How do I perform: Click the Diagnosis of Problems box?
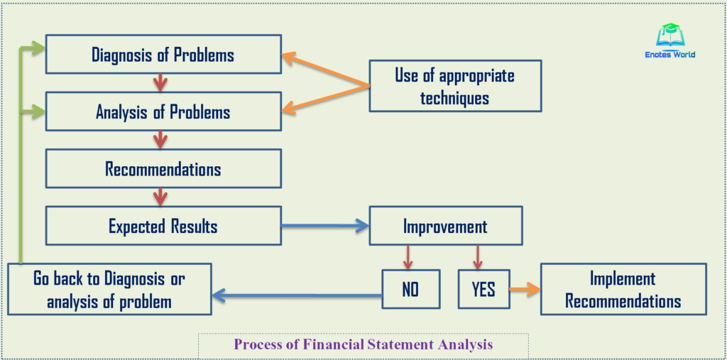[x=163, y=54]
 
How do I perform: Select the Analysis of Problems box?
[x=163, y=111]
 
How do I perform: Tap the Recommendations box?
[x=163, y=169]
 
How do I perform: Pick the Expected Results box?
[x=163, y=226]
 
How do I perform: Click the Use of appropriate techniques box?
[x=455, y=86]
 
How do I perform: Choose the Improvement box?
[x=445, y=227]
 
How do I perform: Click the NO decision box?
[x=410, y=289]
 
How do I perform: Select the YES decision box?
[x=483, y=289]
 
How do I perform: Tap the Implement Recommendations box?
[x=623, y=290]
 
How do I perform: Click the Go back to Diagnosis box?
[x=109, y=290]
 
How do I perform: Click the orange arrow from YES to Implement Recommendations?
[x=525, y=289]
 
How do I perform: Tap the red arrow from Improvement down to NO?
[x=408, y=257]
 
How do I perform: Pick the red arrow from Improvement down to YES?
[x=478, y=257]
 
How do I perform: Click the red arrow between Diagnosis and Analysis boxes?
[x=160, y=82]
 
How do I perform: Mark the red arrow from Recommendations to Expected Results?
[x=160, y=197]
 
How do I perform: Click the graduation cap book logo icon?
[x=669, y=36]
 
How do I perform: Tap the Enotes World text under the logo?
[x=669, y=55]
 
